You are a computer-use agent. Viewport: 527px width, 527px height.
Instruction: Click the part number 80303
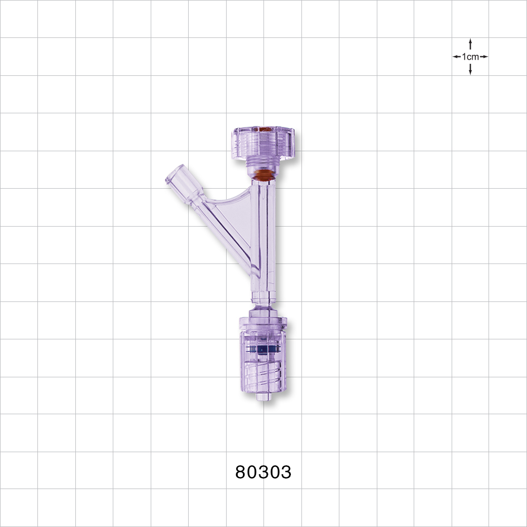263,472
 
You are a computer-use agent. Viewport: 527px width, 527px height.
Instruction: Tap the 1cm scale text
470,56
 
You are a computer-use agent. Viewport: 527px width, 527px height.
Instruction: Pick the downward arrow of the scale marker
470,70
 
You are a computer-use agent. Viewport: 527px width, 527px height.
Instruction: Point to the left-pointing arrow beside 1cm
456,56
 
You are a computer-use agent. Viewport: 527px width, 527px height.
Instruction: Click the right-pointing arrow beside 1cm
484,56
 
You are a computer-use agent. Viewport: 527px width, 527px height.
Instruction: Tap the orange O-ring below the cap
263,174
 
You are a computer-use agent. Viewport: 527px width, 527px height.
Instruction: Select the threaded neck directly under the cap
263,163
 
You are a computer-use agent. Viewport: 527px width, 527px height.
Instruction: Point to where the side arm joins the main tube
254,266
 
